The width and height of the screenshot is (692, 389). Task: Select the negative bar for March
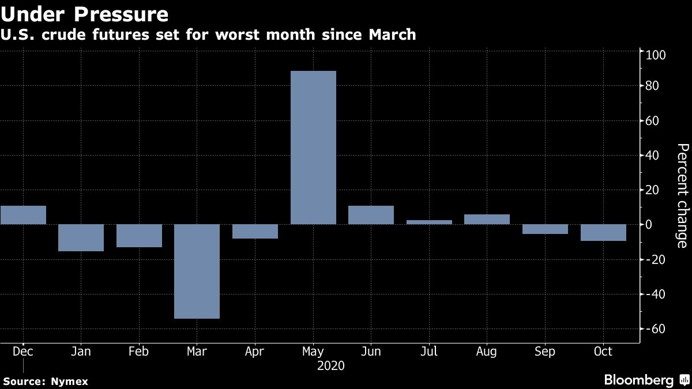(197, 271)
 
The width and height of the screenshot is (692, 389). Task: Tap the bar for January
(81, 237)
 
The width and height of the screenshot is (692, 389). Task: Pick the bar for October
(603, 232)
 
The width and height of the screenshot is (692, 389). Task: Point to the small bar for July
(429, 222)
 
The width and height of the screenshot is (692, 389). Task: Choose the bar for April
(255, 231)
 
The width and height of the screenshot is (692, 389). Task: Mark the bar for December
(23, 215)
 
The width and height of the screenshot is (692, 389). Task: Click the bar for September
(545, 229)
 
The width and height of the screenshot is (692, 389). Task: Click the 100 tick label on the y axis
(656, 56)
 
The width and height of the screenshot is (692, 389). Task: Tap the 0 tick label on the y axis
(649, 225)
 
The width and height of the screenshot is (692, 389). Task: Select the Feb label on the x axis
(139, 352)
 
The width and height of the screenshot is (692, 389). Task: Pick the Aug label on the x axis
(487, 352)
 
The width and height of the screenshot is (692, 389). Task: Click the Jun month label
(371, 352)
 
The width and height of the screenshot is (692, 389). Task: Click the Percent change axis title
(682, 196)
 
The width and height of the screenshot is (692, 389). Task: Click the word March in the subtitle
(391, 35)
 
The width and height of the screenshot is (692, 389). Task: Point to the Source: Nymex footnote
(46, 381)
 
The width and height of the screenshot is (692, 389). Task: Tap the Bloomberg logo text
(638, 380)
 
